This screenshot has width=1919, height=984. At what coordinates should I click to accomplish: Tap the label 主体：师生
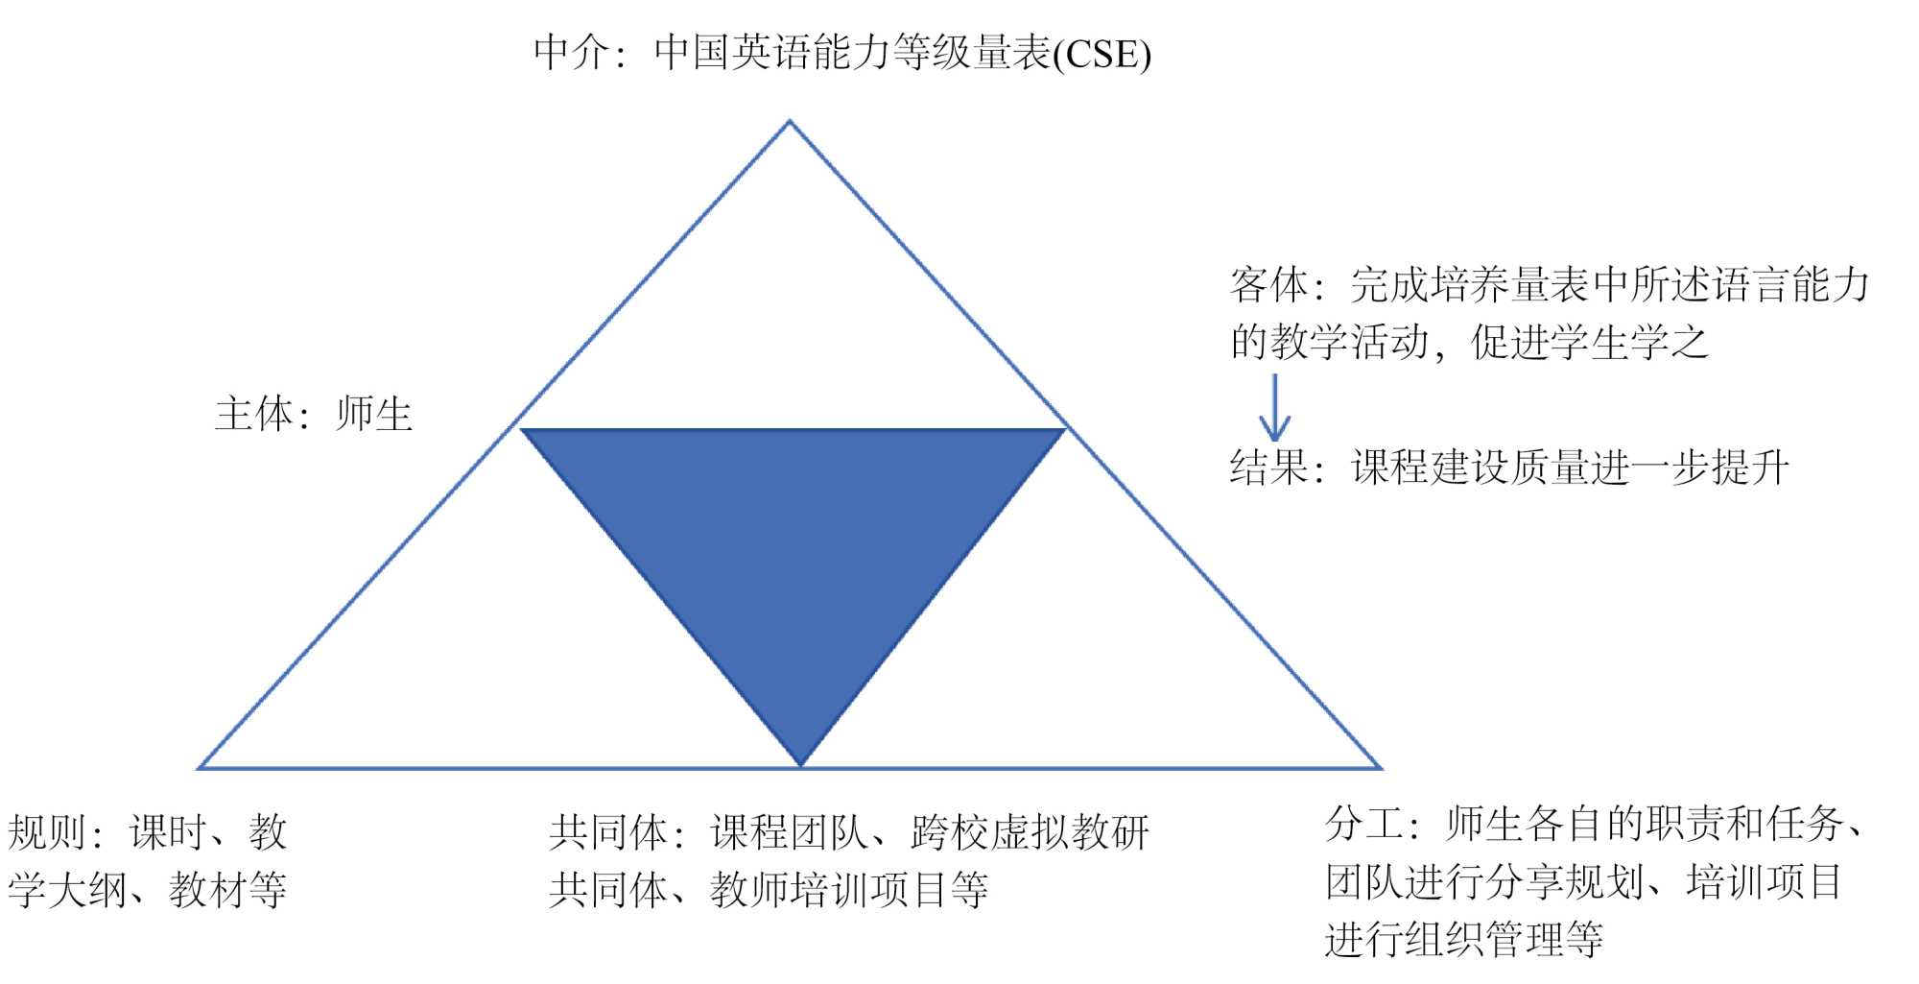(314, 415)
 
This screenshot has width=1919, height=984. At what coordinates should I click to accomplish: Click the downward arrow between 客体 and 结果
(1274, 408)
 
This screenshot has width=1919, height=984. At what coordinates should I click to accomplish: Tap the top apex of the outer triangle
(789, 122)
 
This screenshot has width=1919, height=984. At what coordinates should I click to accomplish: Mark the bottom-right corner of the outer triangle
(1380, 768)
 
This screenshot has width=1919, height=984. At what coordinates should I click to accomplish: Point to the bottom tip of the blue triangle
(800, 764)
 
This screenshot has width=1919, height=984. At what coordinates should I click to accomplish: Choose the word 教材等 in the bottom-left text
(228, 890)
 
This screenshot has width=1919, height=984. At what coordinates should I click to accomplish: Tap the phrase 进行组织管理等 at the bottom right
(1464, 938)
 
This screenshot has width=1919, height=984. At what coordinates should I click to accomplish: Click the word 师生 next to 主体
(374, 415)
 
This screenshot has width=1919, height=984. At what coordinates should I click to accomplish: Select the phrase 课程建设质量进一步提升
(1570, 468)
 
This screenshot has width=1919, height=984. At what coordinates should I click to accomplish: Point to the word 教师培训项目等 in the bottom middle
(849, 890)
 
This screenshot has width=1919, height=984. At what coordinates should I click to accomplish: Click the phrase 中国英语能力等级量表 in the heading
(853, 53)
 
